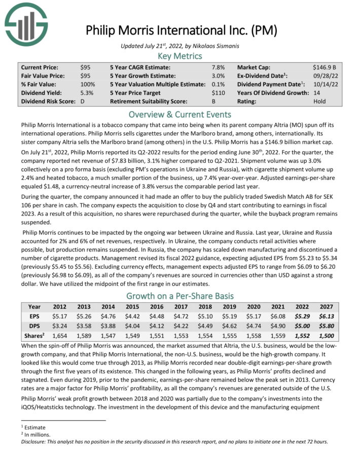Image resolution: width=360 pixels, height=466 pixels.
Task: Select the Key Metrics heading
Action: (180, 56)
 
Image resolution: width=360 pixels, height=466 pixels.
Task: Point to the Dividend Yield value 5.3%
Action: (87, 93)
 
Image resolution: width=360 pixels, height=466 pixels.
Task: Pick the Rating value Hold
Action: (320, 101)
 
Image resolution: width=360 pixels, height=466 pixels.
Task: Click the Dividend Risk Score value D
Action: (83, 101)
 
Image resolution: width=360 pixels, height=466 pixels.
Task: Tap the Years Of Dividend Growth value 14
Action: (317, 93)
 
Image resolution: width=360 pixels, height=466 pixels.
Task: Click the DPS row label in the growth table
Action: (34, 326)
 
